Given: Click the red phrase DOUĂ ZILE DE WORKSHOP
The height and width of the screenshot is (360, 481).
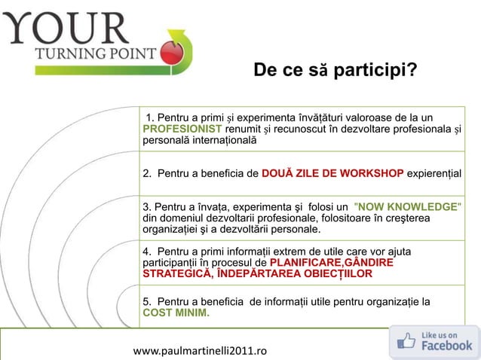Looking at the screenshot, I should click(332, 174).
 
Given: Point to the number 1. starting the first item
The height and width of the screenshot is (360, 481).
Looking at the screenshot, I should click(152, 117).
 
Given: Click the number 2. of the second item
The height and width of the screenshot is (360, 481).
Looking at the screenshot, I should click(148, 174).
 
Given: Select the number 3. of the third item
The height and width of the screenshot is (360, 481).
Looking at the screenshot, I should click(147, 206).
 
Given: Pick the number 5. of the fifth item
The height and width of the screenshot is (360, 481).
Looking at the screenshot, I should click(148, 302).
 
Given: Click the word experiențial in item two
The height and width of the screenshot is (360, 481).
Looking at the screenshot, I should click(434, 174).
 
